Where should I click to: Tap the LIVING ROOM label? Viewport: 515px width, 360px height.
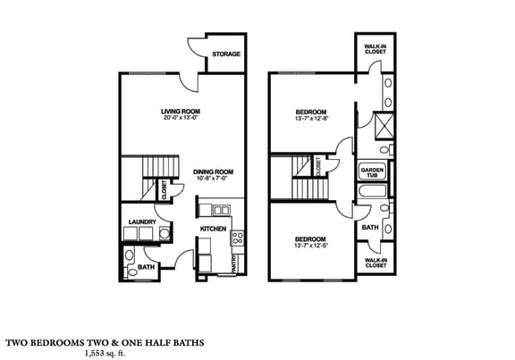click(178, 112)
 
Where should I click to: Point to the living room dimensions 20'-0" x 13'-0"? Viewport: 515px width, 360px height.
click(178, 119)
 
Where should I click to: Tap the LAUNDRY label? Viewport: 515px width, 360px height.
click(142, 222)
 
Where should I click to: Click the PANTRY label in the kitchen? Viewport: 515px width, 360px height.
click(235, 263)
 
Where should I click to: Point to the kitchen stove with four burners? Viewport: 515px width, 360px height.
click(238, 238)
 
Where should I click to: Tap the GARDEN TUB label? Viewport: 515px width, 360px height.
click(371, 172)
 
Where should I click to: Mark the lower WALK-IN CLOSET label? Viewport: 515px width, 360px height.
click(375, 263)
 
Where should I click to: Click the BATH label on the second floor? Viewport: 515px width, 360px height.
click(370, 228)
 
